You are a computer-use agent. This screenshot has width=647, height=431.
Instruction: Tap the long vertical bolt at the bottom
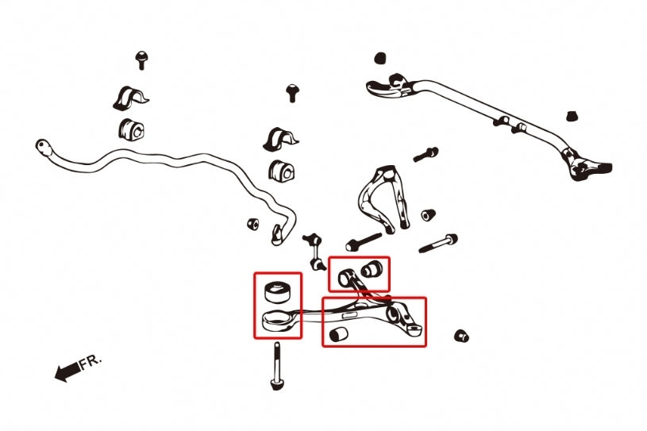276,366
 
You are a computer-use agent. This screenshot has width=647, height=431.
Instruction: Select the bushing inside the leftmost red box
276,292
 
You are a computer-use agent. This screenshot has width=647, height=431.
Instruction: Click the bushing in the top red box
372,269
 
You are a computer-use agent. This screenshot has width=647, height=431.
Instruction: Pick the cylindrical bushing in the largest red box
338,333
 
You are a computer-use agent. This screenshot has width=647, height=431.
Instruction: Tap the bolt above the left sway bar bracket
141,60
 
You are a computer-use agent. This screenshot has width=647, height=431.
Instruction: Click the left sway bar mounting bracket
130,98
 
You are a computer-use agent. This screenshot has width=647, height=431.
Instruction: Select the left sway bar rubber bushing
132,129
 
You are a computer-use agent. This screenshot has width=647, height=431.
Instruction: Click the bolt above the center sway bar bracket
292,93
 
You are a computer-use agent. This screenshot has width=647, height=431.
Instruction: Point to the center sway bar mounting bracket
280,140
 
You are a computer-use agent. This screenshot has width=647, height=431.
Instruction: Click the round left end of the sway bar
43,147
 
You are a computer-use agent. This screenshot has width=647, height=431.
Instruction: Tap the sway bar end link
314,251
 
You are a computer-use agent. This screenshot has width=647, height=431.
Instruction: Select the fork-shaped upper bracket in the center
384,198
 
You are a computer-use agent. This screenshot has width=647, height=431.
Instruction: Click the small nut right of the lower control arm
461,336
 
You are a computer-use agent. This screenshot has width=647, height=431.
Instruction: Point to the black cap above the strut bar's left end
380,58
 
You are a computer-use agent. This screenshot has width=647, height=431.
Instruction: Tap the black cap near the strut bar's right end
572,116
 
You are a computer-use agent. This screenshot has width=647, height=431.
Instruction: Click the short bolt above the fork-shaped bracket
426,154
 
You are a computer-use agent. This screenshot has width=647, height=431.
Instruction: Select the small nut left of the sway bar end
253,224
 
